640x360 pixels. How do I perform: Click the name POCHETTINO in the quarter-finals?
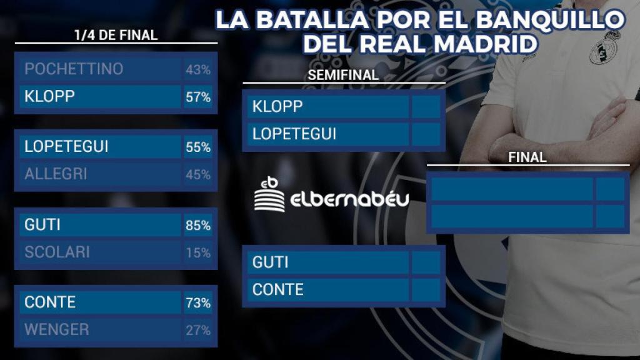pyautogui.click(x=74, y=69)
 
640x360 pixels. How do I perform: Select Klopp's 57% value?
pyautogui.click(x=197, y=97)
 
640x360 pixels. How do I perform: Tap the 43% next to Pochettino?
pyautogui.click(x=197, y=70)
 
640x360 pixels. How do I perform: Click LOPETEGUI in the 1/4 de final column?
pyautogui.click(x=66, y=147)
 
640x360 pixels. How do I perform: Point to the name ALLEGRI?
pyautogui.click(x=56, y=174)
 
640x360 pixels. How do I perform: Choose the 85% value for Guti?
pyautogui.click(x=197, y=225)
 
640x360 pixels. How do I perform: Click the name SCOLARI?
pyautogui.click(x=57, y=252)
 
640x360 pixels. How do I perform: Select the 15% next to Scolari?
pyautogui.click(x=197, y=252)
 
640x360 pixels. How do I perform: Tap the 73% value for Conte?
pyautogui.click(x=197, y=303)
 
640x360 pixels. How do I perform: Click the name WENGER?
pyautogui.click(x=56, y=330)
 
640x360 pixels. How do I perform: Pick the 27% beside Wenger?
pyautogui.click(x=197, y=330)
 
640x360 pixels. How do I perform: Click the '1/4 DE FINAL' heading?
pyautogui.click(x=116, y=36)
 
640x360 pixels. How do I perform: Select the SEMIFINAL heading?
pyautogui.click(x=344, y=75)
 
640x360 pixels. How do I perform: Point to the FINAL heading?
pyautogui.click(x=527, y=157)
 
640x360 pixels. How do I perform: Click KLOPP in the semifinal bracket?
pyautogui.click(x=277, y=107)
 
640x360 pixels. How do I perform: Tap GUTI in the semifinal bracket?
pyautogui.click(x=270, y=262)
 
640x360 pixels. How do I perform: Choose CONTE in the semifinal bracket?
pyautogui.click(x=277, y=290)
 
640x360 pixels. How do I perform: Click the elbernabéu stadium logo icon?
pyautogui.click(x=269, y=194)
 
